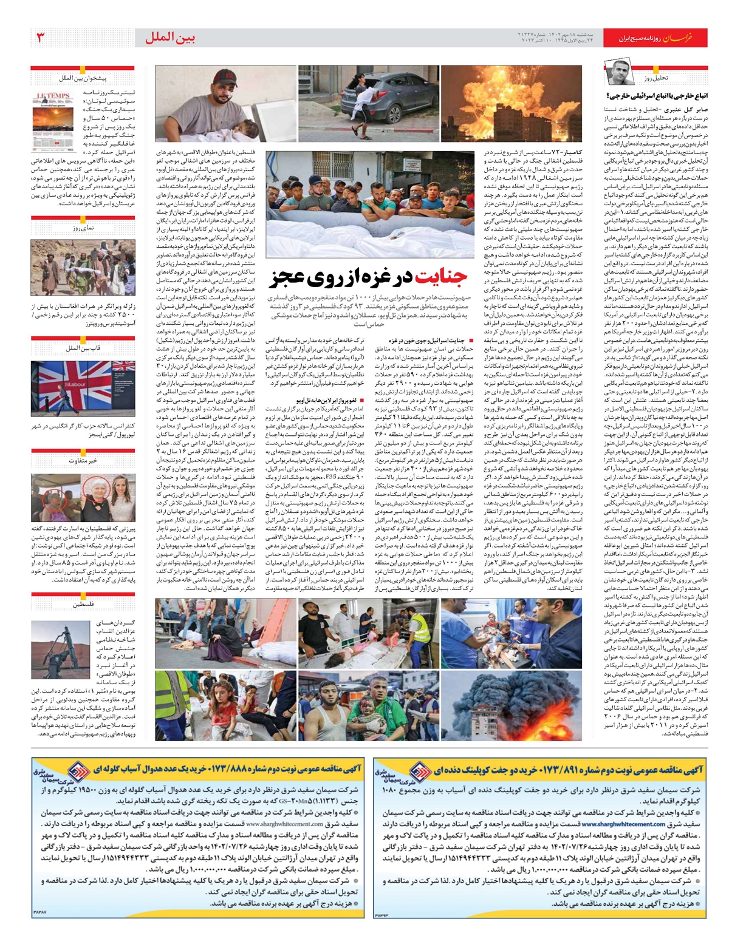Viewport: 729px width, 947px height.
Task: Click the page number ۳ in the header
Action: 41,38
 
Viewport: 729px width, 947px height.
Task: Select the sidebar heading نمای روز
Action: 83,228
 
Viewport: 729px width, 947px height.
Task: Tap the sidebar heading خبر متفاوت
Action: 83,461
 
